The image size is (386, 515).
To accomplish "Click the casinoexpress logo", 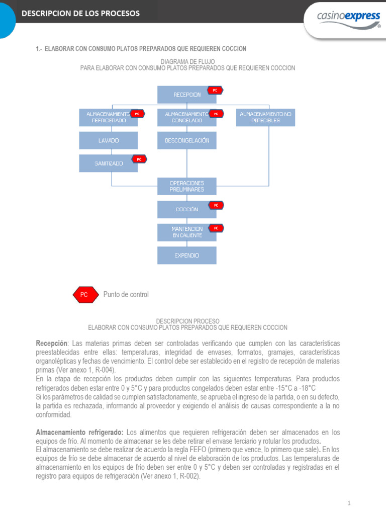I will point(348,17).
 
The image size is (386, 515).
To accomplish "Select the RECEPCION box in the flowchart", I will point(186,95).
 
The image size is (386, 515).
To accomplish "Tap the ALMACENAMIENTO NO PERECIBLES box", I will point(265,118).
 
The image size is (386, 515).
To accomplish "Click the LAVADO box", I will point(108,140).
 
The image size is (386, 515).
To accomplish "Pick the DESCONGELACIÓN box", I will point(186,140).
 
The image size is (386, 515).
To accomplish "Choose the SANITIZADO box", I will point(108,163).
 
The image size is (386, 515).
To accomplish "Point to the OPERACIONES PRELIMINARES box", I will point(186,186).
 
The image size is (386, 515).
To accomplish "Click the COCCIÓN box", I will point(186,209).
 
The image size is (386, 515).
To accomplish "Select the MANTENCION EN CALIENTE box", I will point(186,232).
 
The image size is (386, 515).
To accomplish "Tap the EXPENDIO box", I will point(186,255).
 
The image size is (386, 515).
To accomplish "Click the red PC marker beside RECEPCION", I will point(215,91).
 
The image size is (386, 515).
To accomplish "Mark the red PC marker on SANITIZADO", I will point(139,159).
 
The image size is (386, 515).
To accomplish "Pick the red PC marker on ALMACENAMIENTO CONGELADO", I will point(216,114).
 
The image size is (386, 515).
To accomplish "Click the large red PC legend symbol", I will point(84,295).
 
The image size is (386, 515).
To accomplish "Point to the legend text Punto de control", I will point(126,295).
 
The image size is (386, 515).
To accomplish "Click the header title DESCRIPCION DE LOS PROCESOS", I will point(80,13).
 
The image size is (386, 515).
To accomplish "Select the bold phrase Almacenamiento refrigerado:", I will point(79,433).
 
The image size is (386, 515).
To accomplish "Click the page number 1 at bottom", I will point(349,503).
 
